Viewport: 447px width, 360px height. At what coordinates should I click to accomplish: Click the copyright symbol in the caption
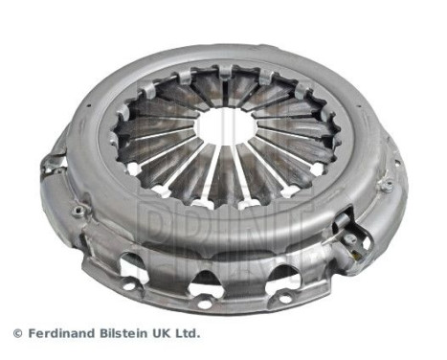(x=17, y=332)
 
